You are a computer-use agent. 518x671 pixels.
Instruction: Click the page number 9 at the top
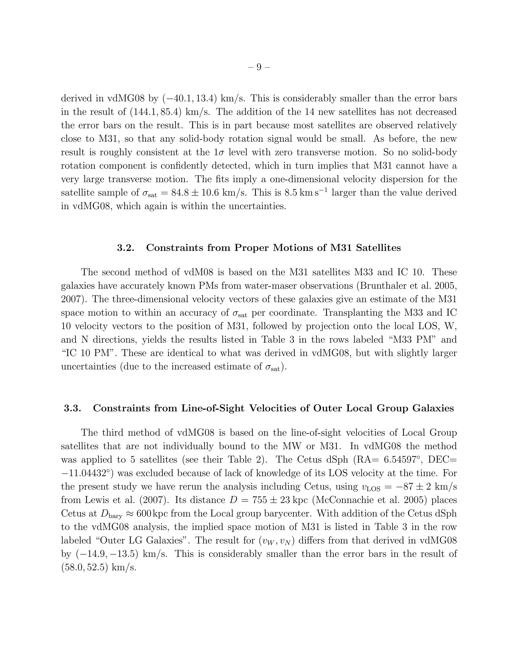click(259, 67)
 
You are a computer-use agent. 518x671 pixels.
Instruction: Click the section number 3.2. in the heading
click(125, 248)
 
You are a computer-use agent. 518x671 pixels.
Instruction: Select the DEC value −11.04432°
click(88, 473)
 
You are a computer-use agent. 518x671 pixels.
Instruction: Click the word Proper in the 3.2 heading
click(253, 248)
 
